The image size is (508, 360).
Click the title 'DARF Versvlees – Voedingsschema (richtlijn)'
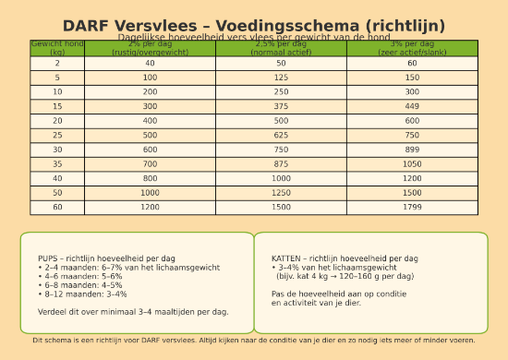pos(254,26)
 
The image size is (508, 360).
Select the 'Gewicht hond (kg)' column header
pos(57,48)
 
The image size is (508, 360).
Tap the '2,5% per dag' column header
pos(281,48)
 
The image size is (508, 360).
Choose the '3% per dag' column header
pos(412,48)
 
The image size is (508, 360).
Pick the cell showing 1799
pos(412,207)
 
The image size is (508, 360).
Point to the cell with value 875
pos(281,163)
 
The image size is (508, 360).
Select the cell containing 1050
pos(412,163)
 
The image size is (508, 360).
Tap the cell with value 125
pos(281,78)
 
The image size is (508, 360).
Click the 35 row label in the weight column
pos(57,163)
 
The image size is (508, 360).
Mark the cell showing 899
pos(412,150)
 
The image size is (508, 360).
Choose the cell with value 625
pos(281,135)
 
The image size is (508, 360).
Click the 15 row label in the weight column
pos(57,106)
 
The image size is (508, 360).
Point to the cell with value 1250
pos(281,193)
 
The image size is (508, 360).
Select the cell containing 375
pos(281,106)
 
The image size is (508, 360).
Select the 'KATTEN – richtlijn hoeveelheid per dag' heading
pos(345,258)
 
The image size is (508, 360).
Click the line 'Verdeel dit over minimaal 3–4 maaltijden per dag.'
pos(133,311)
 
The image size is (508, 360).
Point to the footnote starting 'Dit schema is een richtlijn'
pos(254,340)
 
